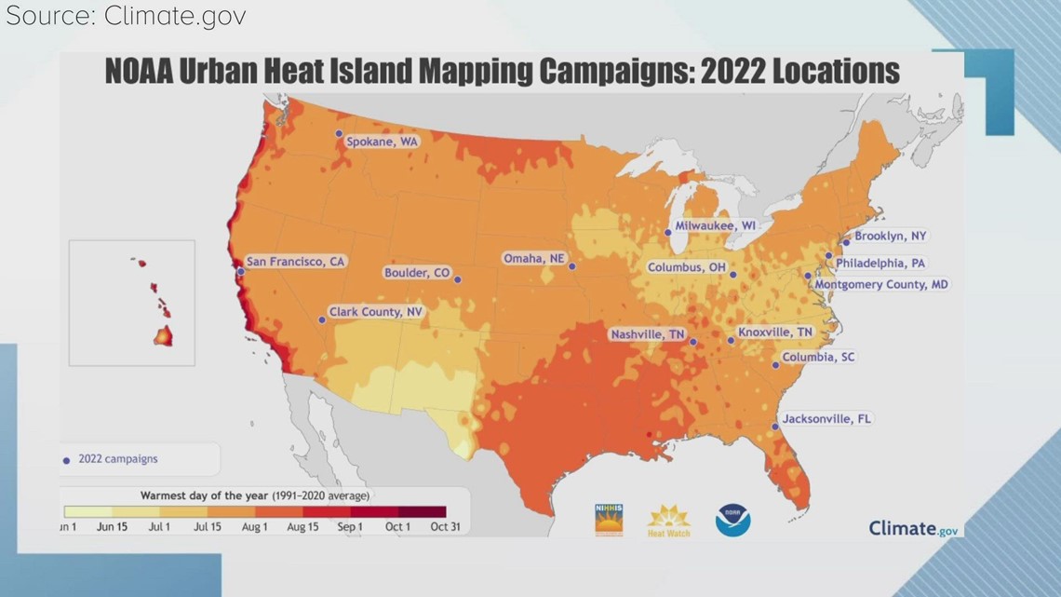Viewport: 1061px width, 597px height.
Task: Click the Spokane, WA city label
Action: [382, 142]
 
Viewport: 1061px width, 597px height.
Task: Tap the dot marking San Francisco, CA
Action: [240, 271]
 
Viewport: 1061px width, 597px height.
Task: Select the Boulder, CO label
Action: [417, 273]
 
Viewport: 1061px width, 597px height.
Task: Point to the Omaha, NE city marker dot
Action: [572, 266]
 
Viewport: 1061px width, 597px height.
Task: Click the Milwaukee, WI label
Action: [716, 225]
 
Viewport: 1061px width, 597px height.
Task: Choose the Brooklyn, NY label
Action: [891, 237]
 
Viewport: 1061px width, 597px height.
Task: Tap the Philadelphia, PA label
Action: [880, 264]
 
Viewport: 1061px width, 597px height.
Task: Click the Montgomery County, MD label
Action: [880, 284]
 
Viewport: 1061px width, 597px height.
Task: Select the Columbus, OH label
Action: [687, 268]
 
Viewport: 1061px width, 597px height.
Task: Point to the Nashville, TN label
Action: [648, 334]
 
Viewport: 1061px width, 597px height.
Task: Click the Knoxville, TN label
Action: [774, 332]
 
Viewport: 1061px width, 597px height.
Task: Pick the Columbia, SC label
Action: [818, 357]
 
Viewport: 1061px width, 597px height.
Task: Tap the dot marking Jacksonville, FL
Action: [775, 427]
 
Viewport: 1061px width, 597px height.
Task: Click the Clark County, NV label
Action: [375, 312]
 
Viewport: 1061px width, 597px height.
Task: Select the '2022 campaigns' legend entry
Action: [117, 459]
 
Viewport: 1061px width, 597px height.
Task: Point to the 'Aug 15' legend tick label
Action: [302, 527]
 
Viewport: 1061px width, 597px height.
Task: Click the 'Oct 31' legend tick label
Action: [446, 527]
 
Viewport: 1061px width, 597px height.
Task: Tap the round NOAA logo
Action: [732, 520]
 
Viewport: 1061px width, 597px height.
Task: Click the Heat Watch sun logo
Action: [668, 520]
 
